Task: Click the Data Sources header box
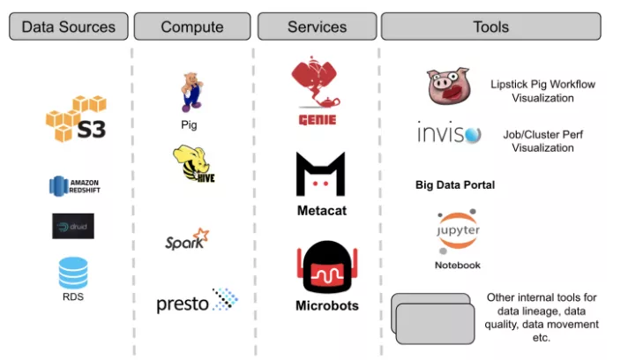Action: tap(68, 26)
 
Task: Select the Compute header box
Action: tap(192, 26)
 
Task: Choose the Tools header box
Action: tap(490, 26)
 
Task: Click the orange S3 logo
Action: tap(77, 120)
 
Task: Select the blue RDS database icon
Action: tap(73, 273)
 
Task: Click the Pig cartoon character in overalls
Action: tap(191, 92)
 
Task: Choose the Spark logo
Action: tap(187, 239)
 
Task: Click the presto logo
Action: tap(197, 303)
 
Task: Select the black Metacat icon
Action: tap(320, 175)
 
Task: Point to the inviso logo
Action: tap(450, 134)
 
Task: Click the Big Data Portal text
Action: tap(455, 185)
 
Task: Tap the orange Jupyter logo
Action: tap(457, 231)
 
